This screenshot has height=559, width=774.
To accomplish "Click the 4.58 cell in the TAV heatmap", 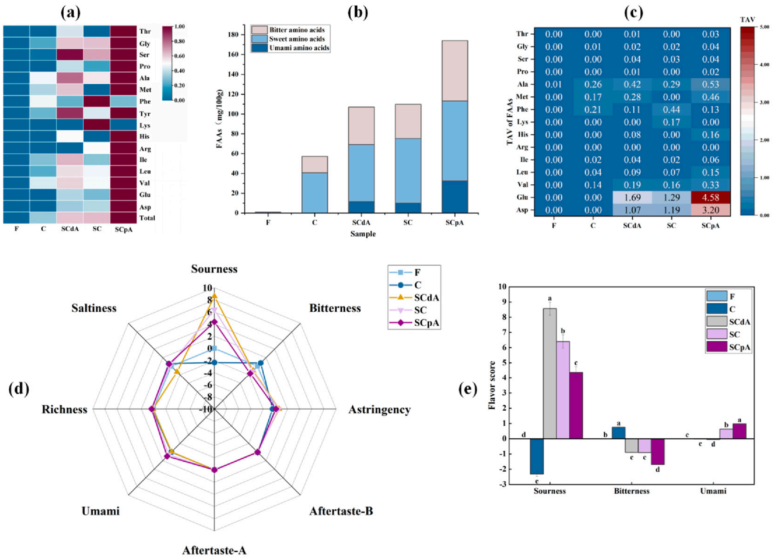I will coord(710,197).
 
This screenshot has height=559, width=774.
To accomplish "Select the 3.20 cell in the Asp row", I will coord(710,210).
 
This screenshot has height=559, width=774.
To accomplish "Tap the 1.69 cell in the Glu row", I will coord(632,197).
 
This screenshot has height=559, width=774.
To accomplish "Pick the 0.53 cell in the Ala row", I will coord(710,84).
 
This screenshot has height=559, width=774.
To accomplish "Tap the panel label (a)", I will coord(70,12).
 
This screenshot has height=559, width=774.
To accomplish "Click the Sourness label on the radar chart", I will coord(214,269).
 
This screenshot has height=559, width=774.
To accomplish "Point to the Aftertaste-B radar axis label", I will coord(341,511).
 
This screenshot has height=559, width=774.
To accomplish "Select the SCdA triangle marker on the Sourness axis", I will coord(214,296).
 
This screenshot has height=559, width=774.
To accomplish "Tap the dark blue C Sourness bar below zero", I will coord(536,456).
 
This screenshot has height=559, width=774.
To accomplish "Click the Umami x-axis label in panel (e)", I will coord(713,491).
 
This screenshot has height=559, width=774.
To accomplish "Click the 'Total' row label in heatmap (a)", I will coord(147,218).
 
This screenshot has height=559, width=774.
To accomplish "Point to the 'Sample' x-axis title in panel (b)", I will coord(363,234).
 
